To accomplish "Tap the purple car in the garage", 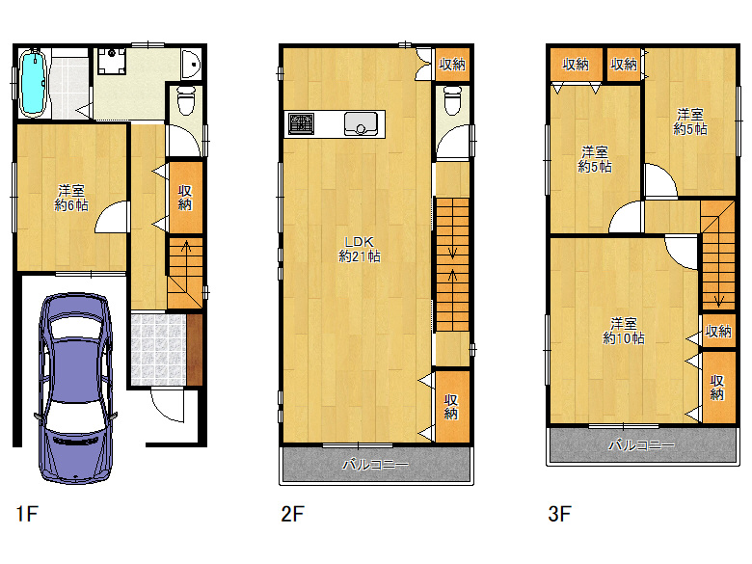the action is tap(76, 388).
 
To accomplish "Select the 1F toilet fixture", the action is tap(186, 99).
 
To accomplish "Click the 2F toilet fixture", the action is tap(453, 99).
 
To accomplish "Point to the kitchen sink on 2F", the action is tap(361, 123).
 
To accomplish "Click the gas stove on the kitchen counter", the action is tap(301, 124).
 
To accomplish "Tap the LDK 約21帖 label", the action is tap(360, 250).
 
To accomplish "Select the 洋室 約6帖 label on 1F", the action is tap(71, 198).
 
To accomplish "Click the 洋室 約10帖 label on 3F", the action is tap(624, 331).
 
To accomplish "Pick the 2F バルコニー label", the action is tap(376, 465).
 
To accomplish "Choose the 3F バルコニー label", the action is tap(642, 445).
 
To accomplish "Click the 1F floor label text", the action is tap(27, 514).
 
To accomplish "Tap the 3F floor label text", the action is tap(559, 514).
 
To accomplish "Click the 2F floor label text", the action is tap(292, 514).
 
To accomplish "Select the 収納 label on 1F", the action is tap(185, 198).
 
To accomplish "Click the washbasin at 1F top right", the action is tap(191, 65).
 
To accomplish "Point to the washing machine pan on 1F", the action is tap(112, 60).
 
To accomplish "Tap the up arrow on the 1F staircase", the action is tap(186, 248).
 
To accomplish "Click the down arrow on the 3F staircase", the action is tap(718, 300).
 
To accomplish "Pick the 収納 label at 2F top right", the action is tap(452, 64).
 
